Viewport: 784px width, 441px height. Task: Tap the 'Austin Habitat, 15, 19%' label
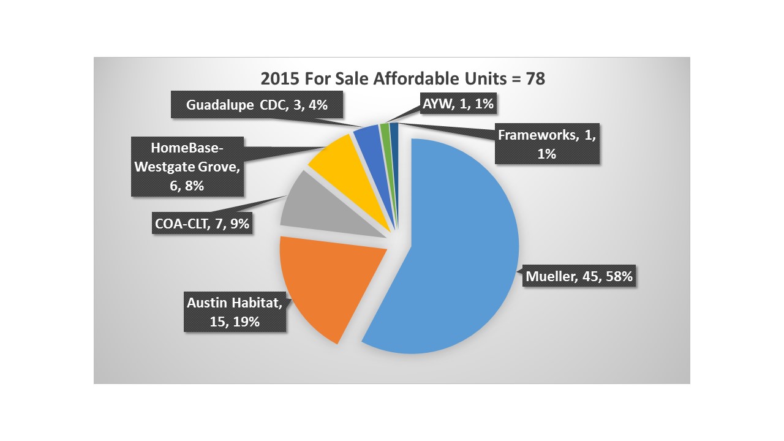(235, 312)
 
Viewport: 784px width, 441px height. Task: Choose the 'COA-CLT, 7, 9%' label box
(202, 224)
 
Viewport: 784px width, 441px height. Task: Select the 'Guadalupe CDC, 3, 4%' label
(257, 105)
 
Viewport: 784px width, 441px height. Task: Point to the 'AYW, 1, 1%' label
(458, 104)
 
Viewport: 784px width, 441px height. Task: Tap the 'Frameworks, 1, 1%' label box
(546, 144)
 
